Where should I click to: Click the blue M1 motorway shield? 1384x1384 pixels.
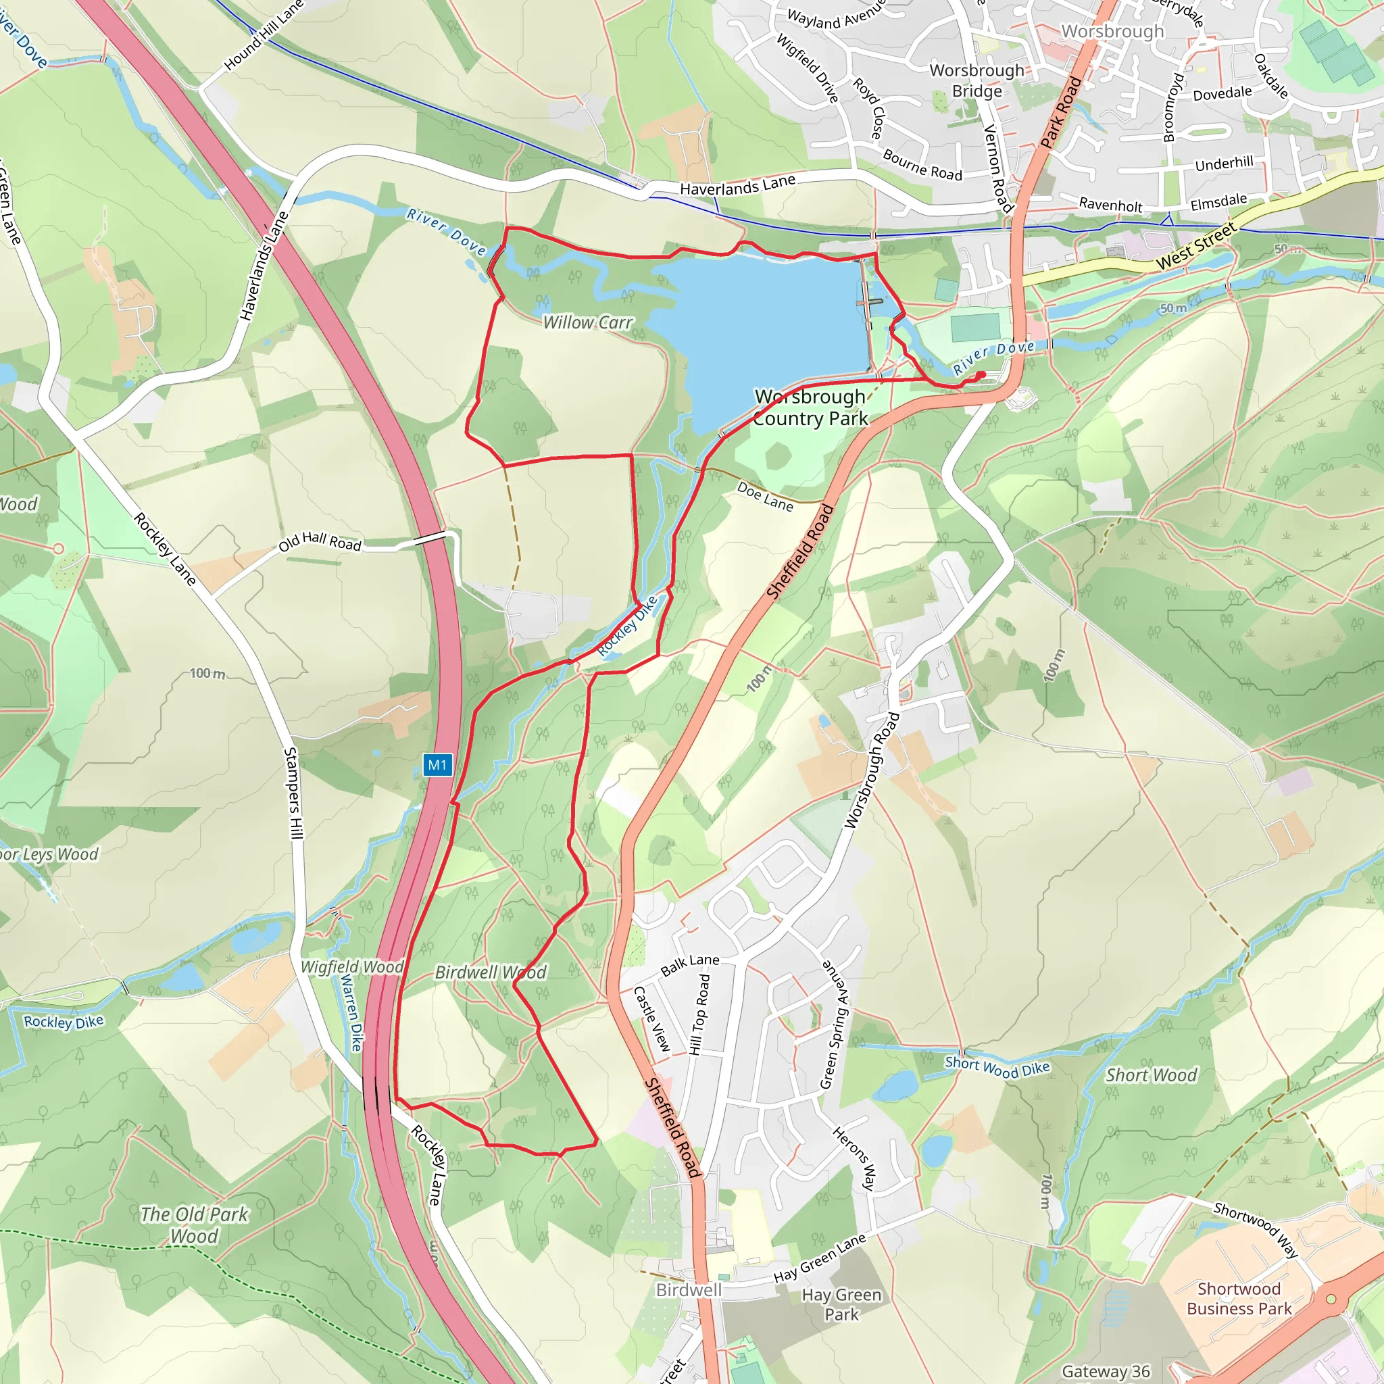coord(437,765)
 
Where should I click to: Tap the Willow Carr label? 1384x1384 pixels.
coord(587,323)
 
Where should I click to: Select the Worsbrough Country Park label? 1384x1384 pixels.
coord(810,407)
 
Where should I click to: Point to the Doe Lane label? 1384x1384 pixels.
coord(765,497)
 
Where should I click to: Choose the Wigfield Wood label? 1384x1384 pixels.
coord(351,967)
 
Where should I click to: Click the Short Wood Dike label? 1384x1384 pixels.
coord(997,1066)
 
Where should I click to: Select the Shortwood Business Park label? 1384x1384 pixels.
coord(1239,1298)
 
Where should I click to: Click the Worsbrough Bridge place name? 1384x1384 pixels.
coord(977,81)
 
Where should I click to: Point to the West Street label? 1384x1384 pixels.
coord(1195,247)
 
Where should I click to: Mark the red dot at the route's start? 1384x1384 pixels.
coord(981,374)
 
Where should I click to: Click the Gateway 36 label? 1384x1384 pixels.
coord(1106,1371)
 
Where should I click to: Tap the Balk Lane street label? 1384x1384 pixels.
coord(690,964)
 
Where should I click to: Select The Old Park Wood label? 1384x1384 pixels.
coord(194,1225)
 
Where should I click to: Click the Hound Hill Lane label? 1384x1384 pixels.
coord(264,35)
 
